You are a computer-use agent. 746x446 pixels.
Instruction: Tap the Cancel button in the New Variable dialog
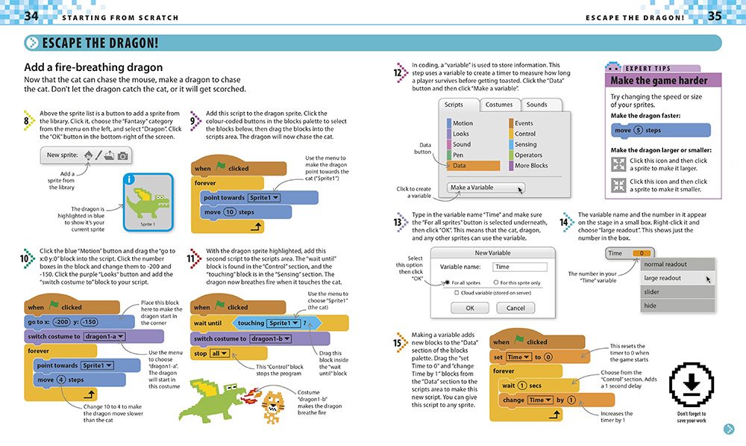[515, 308]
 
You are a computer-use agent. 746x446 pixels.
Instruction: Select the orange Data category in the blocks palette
[474, 166]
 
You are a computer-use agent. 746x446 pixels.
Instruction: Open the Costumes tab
[499, 105]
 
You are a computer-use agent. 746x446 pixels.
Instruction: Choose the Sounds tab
[537, 105]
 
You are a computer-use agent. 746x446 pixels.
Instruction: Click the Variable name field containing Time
[521, 267]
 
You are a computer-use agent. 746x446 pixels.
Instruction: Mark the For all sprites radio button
[445, 283]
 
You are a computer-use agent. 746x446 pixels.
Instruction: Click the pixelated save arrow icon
[692, 383]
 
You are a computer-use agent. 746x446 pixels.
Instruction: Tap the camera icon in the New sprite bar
[123, 155]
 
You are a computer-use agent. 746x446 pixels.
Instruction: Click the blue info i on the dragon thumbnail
[130, 179]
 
